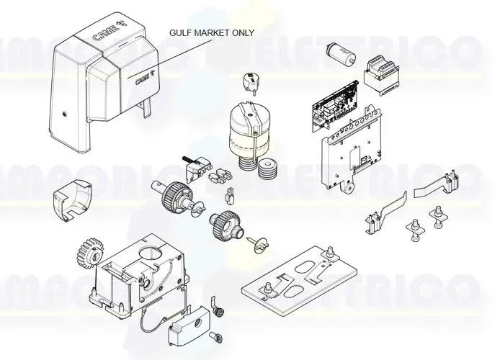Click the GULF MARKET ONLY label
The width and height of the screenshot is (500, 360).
click(x=211, y=33)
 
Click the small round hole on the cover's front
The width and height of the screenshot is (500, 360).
click(x=63, y=114)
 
